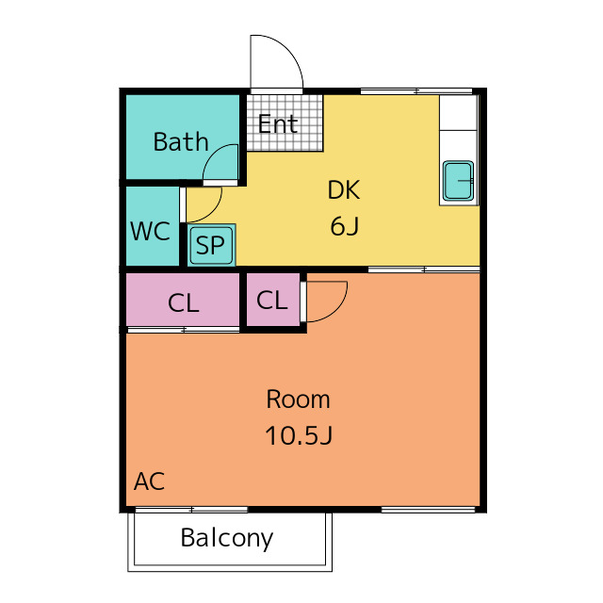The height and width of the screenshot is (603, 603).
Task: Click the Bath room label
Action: [181, 141]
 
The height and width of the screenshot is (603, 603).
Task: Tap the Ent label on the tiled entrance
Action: [278, 123]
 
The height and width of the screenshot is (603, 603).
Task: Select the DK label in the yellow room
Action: [344, 189]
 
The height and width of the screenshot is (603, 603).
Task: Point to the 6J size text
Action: [345, 226]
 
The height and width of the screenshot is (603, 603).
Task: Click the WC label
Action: [151, 231]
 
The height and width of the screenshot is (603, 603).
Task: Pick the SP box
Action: [211, 245]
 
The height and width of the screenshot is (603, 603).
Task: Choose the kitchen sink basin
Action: [458, 181]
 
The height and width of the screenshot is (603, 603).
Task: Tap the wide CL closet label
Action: [184, 303]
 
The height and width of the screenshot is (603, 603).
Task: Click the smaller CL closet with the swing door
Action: [272, 300]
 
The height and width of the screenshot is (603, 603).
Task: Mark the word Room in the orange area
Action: [298, 399]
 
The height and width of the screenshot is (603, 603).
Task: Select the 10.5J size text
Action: [299, 435]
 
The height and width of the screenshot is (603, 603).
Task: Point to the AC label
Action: [149, 481]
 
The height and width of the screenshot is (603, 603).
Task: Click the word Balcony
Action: [227, 538]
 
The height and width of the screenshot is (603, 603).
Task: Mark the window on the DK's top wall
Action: [416, 91]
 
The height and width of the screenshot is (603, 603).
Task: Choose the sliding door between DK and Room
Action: [424, 269]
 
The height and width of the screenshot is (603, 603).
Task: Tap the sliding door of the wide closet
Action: [184, 330]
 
